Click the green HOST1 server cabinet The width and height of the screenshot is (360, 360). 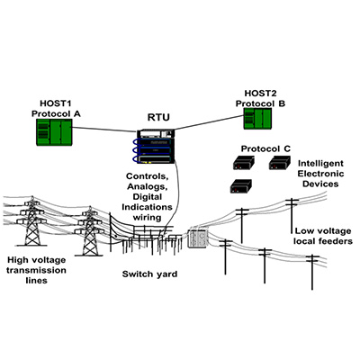(54, 132)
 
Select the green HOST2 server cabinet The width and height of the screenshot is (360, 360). (257, 119)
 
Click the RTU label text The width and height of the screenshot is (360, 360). (158, 117)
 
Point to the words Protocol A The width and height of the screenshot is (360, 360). (56, 114)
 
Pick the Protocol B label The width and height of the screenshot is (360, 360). (260, 103)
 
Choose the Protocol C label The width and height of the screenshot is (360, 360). (266, 148)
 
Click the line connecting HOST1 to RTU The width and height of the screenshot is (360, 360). (104, 130)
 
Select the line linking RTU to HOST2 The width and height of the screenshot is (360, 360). (209, 122)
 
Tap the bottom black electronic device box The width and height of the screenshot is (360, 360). (240, 186)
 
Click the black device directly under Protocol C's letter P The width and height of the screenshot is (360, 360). (244, 163)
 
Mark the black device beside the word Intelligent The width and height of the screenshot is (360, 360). (279, 163)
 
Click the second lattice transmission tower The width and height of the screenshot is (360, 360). (89, 231)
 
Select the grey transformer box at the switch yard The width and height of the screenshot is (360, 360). (198, 238)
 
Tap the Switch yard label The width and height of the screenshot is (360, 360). (149, 274)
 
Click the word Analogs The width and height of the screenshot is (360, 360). (147, 186)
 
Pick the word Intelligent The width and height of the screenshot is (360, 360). (320, 164)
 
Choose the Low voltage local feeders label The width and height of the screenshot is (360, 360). (323, 236)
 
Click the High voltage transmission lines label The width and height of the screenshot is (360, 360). (36, 270)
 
